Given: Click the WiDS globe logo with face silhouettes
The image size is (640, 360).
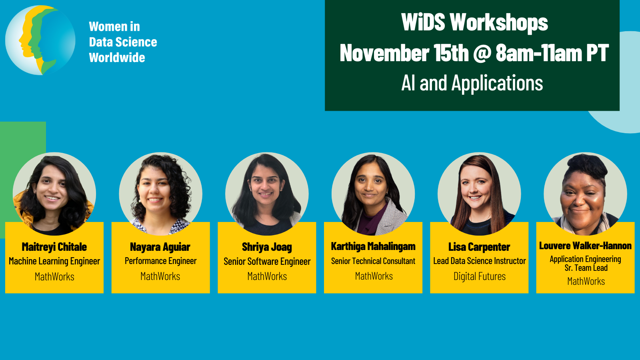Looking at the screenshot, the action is pos(40,40).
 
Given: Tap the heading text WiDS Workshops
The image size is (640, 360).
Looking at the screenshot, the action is pos(474,22).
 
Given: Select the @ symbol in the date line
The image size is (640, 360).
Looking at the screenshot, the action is pos(482,53).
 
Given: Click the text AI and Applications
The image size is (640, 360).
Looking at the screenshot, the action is pos(472,83).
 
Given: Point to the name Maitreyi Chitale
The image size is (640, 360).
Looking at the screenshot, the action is pos(54,247).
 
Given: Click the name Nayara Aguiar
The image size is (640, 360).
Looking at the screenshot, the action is pos(160,247).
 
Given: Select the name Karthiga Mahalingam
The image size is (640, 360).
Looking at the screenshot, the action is pos(373,246).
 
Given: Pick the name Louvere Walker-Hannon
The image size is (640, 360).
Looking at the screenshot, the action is pos(586,246).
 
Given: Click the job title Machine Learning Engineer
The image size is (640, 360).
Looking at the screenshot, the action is pos(54,261).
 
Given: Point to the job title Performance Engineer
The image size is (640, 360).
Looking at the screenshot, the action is pos(160,261).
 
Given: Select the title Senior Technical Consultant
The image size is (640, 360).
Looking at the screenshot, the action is pos(373,261).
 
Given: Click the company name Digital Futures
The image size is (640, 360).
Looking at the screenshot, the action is pos(480,276).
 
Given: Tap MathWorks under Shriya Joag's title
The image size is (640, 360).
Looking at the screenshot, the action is pos(267,276).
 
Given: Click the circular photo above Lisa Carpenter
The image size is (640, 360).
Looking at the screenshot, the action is pos(479,194).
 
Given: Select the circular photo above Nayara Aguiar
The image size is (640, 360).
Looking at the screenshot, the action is pos(160,194).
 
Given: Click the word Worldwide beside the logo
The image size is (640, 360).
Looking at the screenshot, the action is pos(117,58).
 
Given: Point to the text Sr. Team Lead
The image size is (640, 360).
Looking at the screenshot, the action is pos(586,268).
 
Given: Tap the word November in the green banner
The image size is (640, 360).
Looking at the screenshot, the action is pos(384,53).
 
